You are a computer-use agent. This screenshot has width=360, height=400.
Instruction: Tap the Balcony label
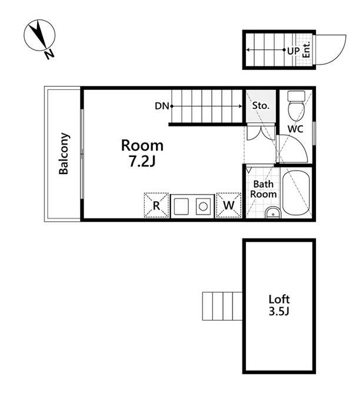click(64, 154)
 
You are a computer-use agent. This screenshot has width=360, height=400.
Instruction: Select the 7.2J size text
click(142, 161)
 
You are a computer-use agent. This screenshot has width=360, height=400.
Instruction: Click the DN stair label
click(162, 106)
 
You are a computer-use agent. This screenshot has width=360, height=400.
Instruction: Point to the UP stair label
click(294, 51)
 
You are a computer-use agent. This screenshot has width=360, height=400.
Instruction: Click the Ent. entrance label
click(306, 49)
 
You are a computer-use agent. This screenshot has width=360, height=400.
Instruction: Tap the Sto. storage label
click(261, 105)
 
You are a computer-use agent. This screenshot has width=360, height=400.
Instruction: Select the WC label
click(295, 129)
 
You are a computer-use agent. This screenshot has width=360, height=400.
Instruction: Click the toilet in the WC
click(296, 106)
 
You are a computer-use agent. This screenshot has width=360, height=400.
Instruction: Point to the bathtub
click(296, 193)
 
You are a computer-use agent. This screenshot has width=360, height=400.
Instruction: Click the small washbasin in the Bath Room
click(273, 212)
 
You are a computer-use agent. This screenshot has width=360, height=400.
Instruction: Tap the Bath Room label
click(264, 189)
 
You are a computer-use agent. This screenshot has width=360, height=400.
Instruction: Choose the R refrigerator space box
click(156, 205)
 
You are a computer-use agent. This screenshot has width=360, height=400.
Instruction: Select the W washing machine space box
click(229, 205)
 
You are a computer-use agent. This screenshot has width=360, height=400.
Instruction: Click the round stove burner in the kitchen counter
click(203, 206)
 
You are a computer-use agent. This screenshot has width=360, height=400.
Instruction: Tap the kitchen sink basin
click(181, 206)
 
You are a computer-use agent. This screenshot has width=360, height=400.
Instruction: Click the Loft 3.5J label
click(279, 305)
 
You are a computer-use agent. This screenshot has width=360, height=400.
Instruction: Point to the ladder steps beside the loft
click(222, 306)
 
